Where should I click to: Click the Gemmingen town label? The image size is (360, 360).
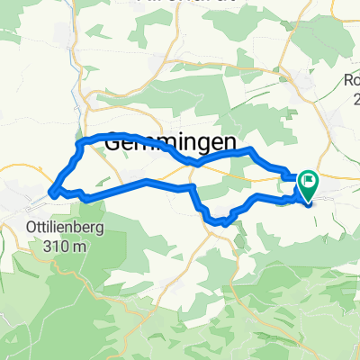pos(171,142)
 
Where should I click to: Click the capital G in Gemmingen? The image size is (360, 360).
pos(116,142)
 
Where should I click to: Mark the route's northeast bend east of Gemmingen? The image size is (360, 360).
pos(249,149)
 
